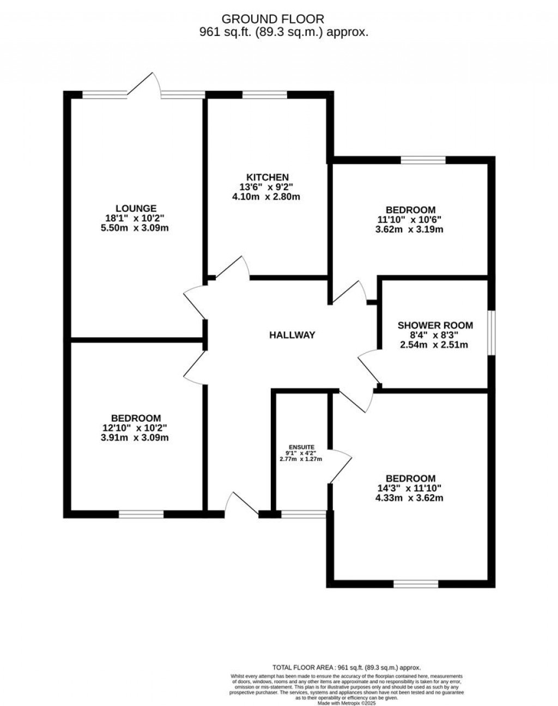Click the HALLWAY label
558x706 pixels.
coord(292,335)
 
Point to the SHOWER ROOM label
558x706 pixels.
coord(435,325)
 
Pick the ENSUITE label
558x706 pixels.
coord(301,447)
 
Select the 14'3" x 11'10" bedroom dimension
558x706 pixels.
coord(410,488)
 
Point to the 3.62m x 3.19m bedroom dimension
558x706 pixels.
coord(410,229)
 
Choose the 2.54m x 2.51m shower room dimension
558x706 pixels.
coord(435,345)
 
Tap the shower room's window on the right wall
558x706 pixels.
coord(492,333)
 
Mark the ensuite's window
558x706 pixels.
coord(303,513)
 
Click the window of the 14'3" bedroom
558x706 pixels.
coord(416,584)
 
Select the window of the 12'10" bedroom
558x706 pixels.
coord(141,514)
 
